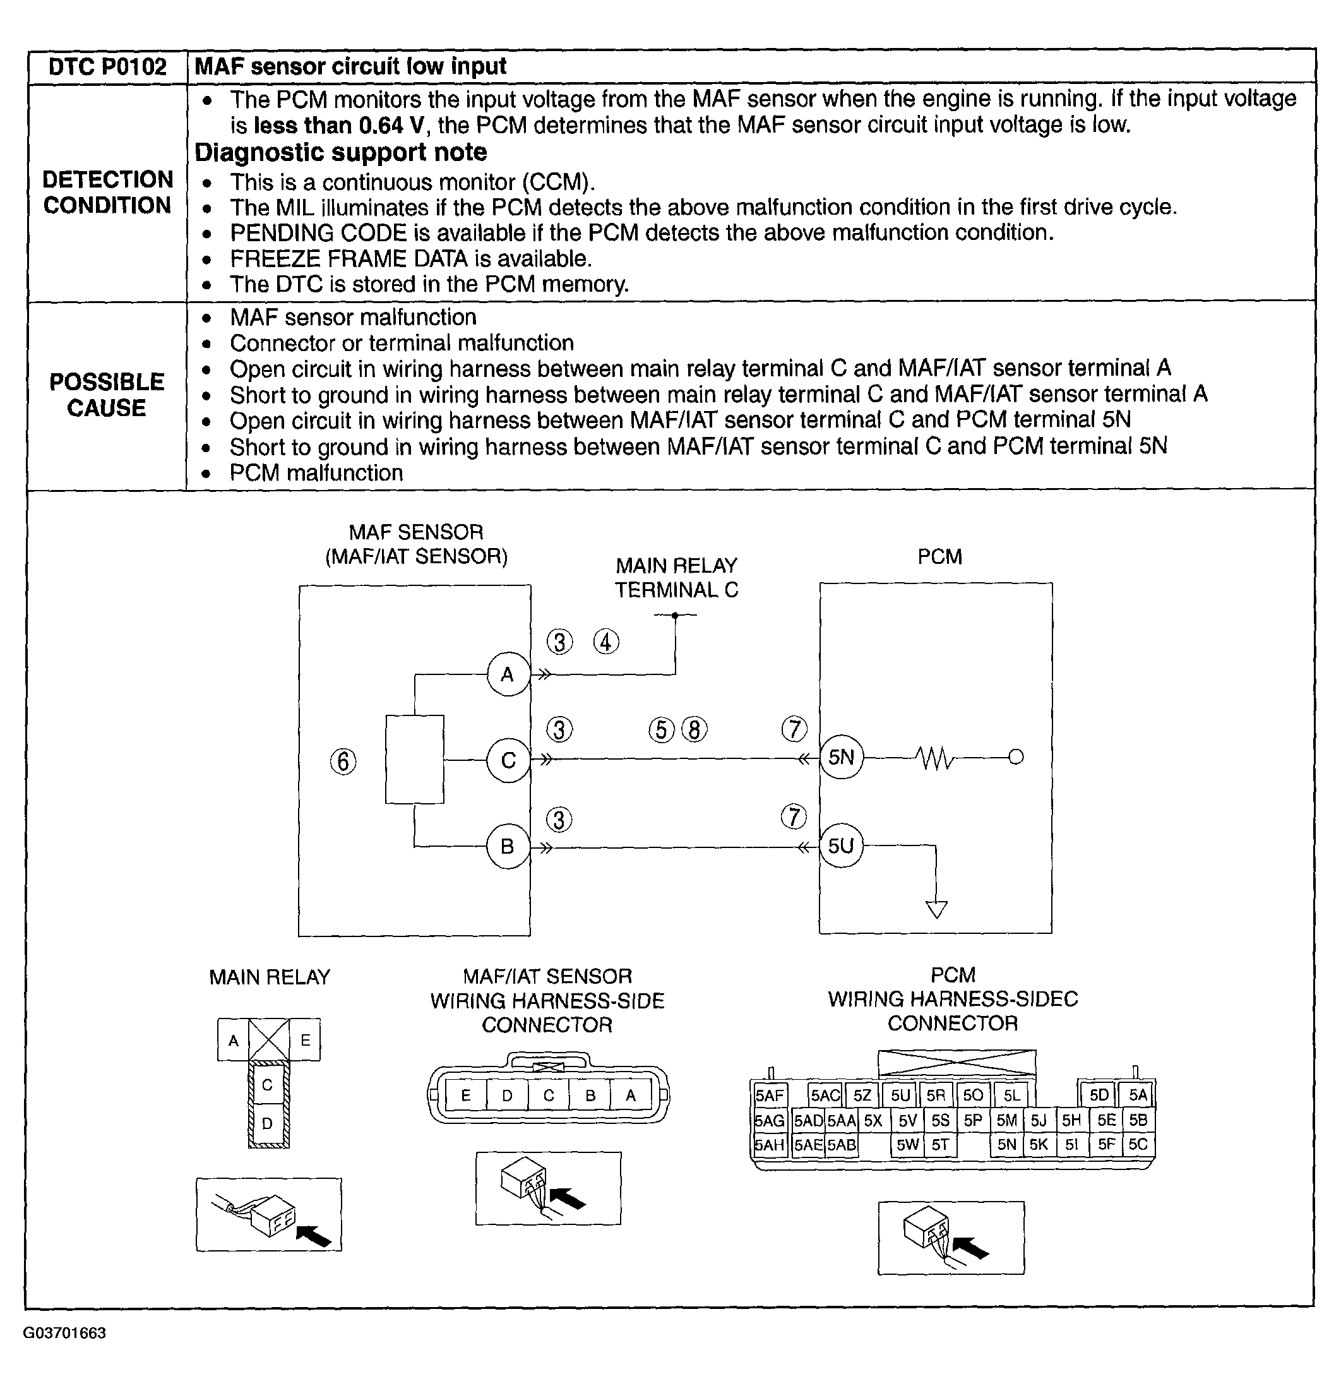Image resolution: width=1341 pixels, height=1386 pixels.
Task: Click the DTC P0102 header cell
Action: pos(107,67)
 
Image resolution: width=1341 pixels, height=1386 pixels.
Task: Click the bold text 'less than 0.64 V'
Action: pos(338,126)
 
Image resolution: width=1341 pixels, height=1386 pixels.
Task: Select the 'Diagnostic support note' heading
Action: pos(341,153)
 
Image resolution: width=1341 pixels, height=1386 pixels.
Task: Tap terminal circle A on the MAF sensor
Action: pos(508,674)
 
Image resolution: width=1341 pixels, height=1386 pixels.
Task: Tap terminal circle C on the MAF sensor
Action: pos(508,761)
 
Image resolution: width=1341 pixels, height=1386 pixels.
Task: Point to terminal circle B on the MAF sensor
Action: pos(508,847)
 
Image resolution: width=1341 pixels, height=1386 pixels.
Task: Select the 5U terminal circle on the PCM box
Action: pos(841,845)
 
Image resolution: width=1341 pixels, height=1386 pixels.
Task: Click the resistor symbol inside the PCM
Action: pos(934,758)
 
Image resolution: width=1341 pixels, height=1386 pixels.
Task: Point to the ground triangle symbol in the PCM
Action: pos(936,909)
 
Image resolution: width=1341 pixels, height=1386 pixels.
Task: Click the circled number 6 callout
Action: pos(343,762)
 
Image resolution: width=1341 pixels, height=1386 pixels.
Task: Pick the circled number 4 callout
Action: pos(606,642)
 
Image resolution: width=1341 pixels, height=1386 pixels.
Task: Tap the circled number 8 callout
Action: pos(694,730)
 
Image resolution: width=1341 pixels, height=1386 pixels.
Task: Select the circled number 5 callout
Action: pos(662,730)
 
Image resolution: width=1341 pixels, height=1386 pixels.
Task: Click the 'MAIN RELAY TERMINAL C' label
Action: pos(677,578)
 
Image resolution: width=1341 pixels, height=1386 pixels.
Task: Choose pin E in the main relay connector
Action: pos(306,1040)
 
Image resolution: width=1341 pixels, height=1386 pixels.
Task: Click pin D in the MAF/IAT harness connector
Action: pos(507,1096)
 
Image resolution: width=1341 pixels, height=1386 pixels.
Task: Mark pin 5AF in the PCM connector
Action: pos(769,1096)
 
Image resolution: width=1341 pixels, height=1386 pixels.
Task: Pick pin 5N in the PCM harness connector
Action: pos(1006,1144)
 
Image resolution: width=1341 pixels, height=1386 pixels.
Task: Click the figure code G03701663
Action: pos(64,1333)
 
